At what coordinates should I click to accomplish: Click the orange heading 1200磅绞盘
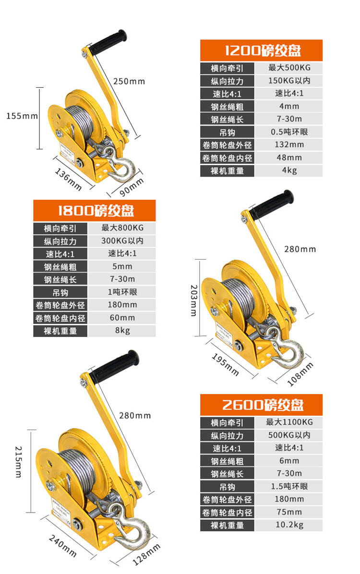point(263,50)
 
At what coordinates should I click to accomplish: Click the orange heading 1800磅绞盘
point(96,211)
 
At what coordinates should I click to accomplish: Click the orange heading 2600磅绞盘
point(263,405)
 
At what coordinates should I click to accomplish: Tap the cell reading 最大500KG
point(289,68)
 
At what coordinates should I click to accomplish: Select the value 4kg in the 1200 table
point(289,170)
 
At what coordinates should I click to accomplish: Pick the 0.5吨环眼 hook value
point(289,132)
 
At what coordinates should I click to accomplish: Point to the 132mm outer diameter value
point(289,144)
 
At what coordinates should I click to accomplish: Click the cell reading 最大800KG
point(122,227)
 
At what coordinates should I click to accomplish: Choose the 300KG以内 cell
point(122,240)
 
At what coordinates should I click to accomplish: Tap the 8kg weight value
point(122,331)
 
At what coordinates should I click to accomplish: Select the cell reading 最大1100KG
point(289,422)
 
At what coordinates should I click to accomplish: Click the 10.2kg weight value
point(289,525)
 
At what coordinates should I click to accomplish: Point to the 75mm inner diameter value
point(289,512)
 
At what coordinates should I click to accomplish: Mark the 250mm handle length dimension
point(129,81)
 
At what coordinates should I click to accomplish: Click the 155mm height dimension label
point(22,117)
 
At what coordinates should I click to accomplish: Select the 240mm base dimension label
point(62,546)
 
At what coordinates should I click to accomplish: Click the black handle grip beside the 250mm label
point(108,42)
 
